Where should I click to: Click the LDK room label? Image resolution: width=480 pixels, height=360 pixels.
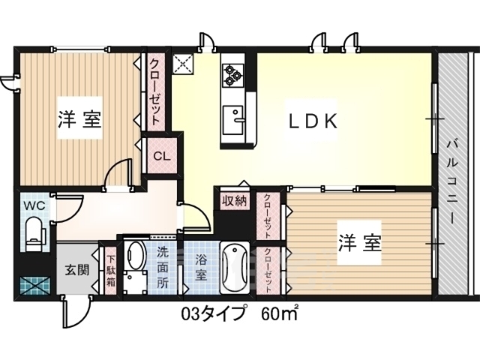coord(313,121)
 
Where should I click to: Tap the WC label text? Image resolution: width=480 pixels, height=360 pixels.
coord(34,205)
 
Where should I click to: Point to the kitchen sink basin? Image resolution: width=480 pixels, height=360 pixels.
coord(233,120)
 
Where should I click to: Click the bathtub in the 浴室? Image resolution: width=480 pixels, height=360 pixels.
coord(235,268)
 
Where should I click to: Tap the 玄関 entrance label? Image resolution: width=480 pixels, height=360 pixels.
coord(76,270)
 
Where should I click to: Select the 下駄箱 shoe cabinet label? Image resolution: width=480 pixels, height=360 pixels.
coord(111,271)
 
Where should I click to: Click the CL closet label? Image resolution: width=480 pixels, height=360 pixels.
coord(162,156)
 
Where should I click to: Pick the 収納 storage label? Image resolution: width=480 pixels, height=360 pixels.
coord(235,200)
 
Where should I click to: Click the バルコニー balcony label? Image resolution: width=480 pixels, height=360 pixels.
coord(452,181)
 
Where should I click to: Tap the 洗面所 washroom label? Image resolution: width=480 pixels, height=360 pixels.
coord(163,267)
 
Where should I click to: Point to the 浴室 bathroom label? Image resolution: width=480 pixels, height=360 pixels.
coord(201,267)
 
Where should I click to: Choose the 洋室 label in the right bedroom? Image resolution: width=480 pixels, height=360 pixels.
coord(359,243)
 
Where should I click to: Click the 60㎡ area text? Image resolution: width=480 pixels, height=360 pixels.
coord(279,313)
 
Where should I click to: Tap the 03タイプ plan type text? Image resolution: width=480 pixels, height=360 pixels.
coord(214,313)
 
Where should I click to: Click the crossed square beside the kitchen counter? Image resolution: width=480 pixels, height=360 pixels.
coord(183,64)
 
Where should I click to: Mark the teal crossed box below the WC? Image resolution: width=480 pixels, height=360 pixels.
coord(35,286)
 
